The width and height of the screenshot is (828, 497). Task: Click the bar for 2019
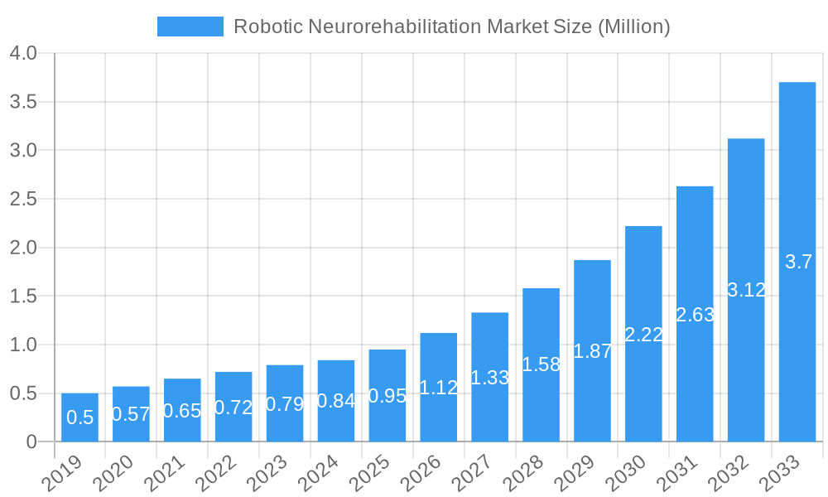(79, 417)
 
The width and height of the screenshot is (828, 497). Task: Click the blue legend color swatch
(190, 27)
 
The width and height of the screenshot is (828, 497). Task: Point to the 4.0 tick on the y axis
(23, 54)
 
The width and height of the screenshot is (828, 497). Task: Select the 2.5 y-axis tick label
(23, 199)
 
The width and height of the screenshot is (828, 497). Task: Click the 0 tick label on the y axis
(31, 442)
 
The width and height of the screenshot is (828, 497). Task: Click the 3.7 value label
(798, 262)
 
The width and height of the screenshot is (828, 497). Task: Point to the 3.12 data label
(746, 290)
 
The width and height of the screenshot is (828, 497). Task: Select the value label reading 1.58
(542, 364)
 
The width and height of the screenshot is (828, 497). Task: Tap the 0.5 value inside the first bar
(79, 417)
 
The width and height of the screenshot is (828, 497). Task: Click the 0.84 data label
(336, 401)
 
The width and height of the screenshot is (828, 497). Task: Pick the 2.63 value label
(695, 315)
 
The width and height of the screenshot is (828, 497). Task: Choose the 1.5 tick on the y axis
(23, 296)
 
